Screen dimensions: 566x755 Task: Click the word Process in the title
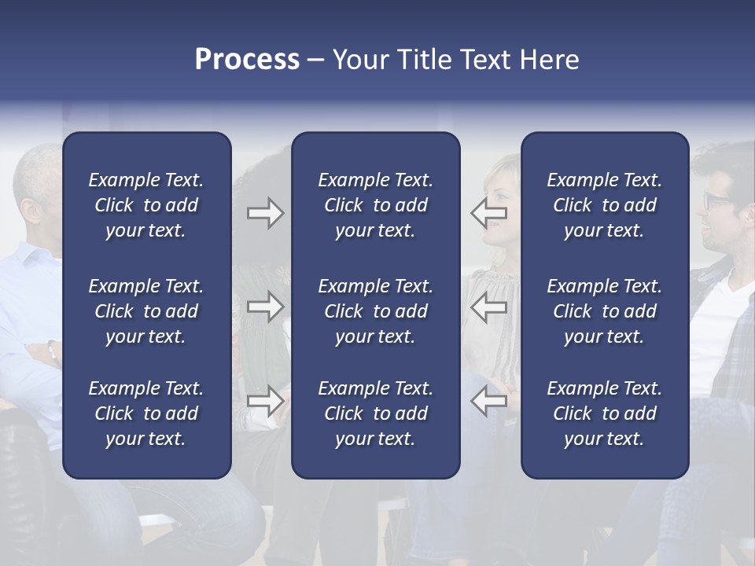point(247,60)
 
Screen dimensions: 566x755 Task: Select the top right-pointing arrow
point(265,213)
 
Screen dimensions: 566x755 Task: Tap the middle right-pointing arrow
point(265,307)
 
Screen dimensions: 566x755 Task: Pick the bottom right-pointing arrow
point(265,401)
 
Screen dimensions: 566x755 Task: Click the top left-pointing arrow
point(489,213)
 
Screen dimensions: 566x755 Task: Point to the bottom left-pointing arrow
point(489,401)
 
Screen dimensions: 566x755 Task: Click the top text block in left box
point(146,205)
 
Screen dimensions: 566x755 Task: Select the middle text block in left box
point(146,311)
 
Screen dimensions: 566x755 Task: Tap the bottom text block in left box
point(146,413)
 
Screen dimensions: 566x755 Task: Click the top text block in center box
point(375,205)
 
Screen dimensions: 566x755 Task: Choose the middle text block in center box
point(375,311)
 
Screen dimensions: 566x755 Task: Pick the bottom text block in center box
point(375,413)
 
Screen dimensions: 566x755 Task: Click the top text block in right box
point(604,205)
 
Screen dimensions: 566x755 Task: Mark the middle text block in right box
point(604,311)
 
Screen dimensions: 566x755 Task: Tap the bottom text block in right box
point(604,413)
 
